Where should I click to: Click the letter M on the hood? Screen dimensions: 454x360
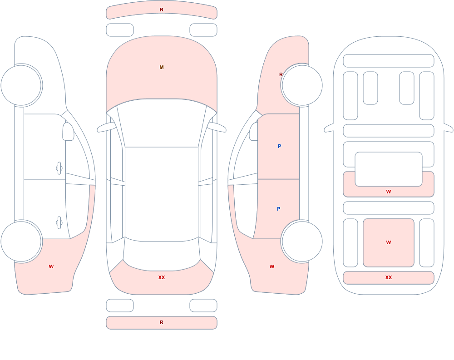pyautogui.click(x=162, y=67)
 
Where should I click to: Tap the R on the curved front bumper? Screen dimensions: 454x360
pyautogui.click(x=162, y=10)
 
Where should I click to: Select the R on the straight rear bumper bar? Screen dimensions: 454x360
pyautogui.click(x=162, y=322)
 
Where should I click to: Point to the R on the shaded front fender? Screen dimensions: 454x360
pyautogui.click(x=281, y=74)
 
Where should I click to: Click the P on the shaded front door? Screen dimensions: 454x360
pyautogui.click(x=279, y=146)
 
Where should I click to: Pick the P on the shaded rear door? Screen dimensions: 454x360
pyautogui.click(x=279, y=209)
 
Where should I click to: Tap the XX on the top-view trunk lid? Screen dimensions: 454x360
pyautogui.click(x=162, y=277)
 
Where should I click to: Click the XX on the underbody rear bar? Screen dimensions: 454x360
pyautogui.click(x=389, y=277)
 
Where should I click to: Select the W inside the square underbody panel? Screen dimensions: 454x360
pyautogui.click(x=389, y=242)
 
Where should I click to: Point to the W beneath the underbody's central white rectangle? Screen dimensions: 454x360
pyautogui.click(x=389, y=192)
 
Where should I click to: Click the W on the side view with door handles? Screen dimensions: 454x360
pyautogui.click(x=51, y=266)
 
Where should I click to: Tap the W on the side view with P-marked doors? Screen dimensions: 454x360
pyautogui.click(x=272, y=266)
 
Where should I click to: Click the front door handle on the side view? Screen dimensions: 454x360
pyautogui.click(x=59, y=168)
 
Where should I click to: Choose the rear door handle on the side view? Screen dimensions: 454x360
pyautogui.click(x=59, y=223)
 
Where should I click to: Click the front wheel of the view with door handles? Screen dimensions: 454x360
pyautogui.click(x=21, y=85)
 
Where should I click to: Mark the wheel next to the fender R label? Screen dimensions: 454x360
pyautogui.click(x=302, y=85)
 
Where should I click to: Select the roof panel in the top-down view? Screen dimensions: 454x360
pyautogui.click(x=162, y=194)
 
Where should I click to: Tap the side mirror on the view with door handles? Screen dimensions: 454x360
pyautogui.click(x=69, y=132)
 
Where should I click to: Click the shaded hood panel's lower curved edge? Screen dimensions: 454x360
pyautogui.click(x=162, y=99)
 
